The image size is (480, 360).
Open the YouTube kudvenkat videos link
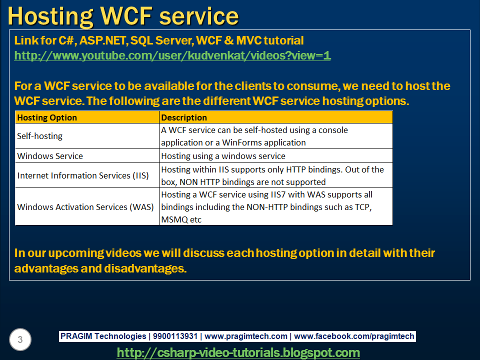(172, 55)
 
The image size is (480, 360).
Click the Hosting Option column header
(47, 117)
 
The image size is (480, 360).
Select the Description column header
(184, 117)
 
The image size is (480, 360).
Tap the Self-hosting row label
(40, 136)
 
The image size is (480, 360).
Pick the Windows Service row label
(50, 156)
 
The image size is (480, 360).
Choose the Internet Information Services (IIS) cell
(83, 175)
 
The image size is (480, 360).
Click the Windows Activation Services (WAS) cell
(85, 206)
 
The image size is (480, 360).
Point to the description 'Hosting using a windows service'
(223, 156)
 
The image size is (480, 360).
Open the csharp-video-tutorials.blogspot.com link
(238, 352)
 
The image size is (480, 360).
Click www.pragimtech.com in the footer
(246, 336)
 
